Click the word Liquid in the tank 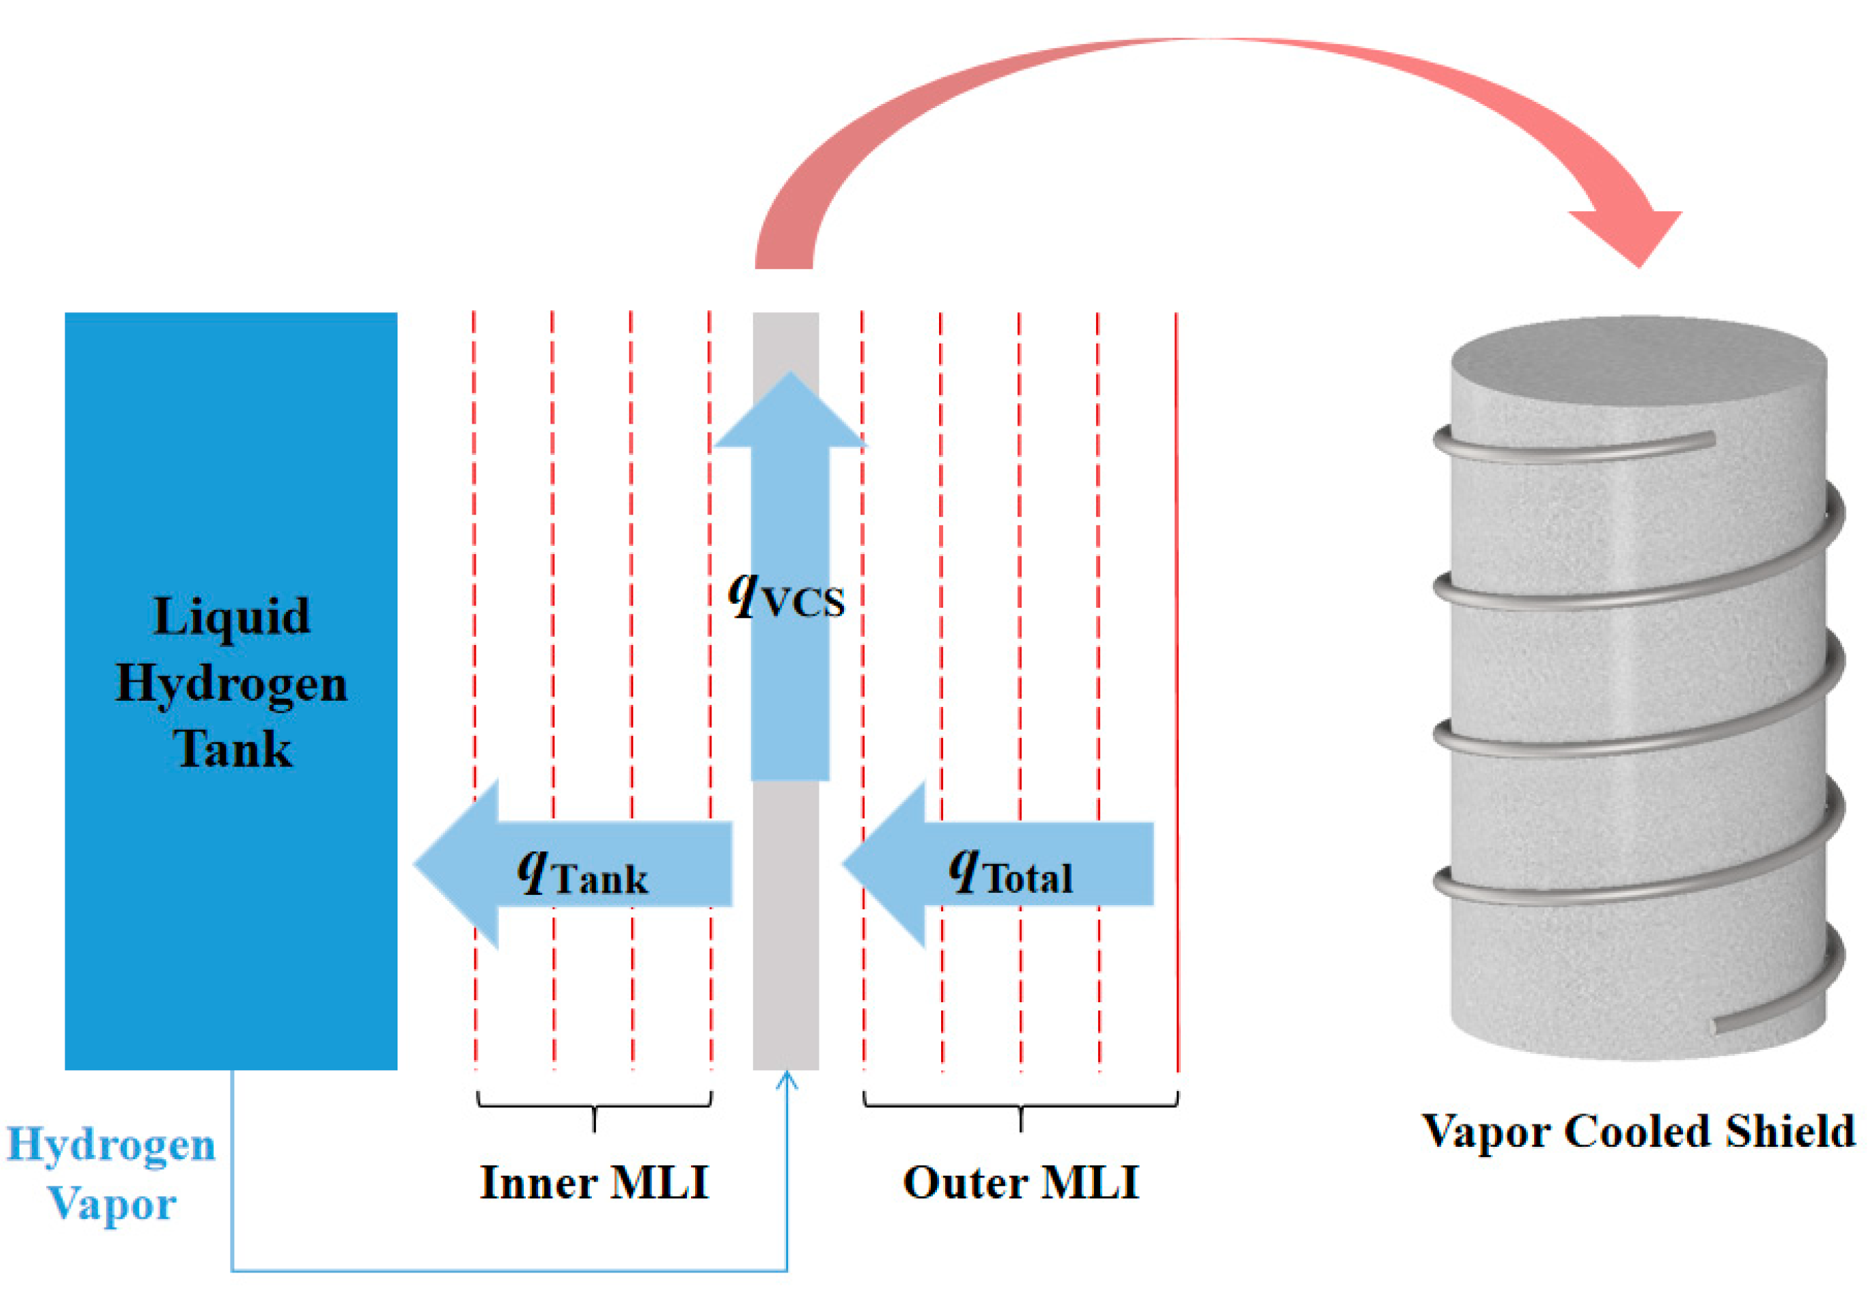(232, 617)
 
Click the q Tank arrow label (582, 873)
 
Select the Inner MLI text (594, 1183)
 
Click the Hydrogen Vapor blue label (111, 1174)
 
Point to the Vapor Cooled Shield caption (1638, 1132)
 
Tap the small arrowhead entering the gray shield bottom (787, 1080)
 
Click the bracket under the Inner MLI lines (594, 1107)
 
